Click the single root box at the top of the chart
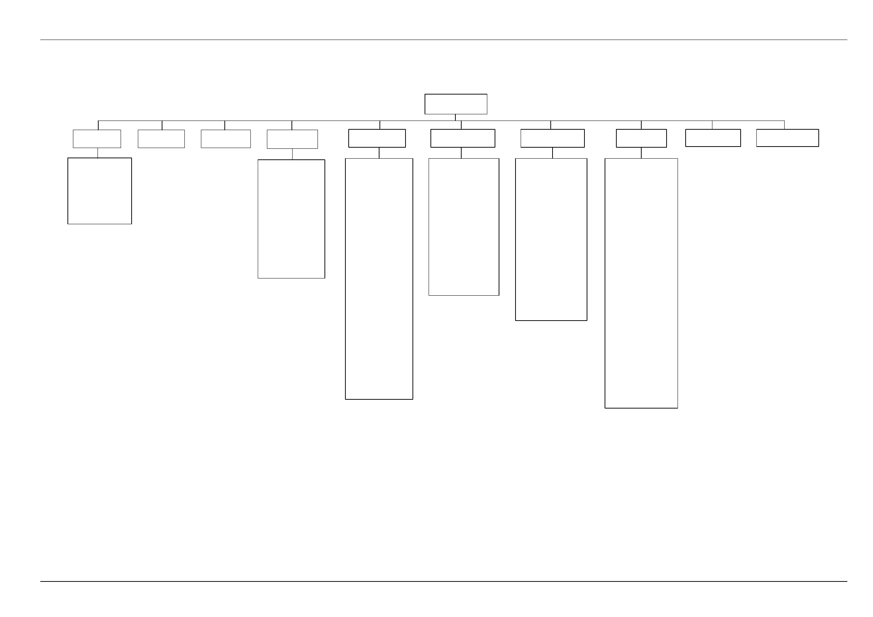pyautogui.click(x=455, y=104)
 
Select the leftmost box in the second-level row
pyautogui.click(x=97, y=138)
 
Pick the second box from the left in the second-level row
pyautogui.click(x=161, y=138)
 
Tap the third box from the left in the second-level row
pyautogui.click(x=225, y=138)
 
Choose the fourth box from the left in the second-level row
pyautogui.click(x=292, y=139)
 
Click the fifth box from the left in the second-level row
pyautogui.click(x=377, y=138)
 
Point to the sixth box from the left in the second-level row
pyautogui.click(x=463, y=138)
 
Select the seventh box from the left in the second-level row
pyautogui.click(x=552, y=138)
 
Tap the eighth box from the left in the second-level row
pyautogui.click(x=641, y=138)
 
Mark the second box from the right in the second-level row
pyautogui.click(x=713, y=137)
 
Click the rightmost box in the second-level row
pyautogui.click(x=788, y=137)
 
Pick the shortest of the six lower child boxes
pyautogui.click(x=100, y=191)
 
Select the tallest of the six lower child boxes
pyautogui.click(x=641, y=283)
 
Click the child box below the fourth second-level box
pyautogui.click(x=291, y=219)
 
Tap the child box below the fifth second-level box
pyautogui.click(x=379, y=279)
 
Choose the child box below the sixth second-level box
pyautogui.click(x=463, y=227)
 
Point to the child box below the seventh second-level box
pyautogui.click(x=551, y=239)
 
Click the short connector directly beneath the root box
pyautogui.click(x=455, y=117)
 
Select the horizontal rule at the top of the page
pyautogui.click(x=444, y=40)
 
